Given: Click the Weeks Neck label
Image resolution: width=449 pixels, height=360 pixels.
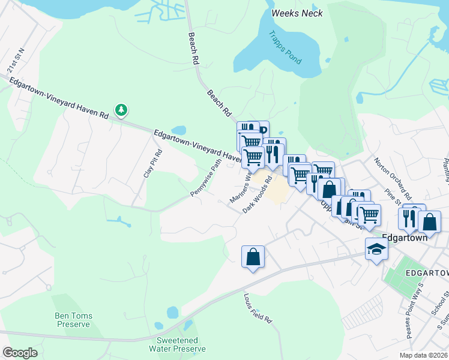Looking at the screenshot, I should point(297,13).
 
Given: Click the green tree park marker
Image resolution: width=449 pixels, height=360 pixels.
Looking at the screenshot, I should point(122,110).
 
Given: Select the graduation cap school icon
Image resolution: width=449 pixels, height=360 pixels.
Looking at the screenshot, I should point(376,248).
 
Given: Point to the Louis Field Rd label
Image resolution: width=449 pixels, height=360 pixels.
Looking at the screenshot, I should point(258,308).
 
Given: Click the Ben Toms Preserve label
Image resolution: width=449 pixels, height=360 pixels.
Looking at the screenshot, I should point(72,320).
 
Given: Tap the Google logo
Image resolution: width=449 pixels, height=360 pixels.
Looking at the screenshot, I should point(20,353).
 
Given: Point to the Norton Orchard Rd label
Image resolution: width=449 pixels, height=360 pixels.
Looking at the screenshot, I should point(392,179).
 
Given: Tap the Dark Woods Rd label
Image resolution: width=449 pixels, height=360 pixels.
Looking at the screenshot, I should point(258,194).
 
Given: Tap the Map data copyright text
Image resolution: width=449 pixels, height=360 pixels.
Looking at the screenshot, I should point(424,355).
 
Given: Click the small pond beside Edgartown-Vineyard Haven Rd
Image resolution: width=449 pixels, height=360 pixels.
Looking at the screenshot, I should point(179,130).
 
